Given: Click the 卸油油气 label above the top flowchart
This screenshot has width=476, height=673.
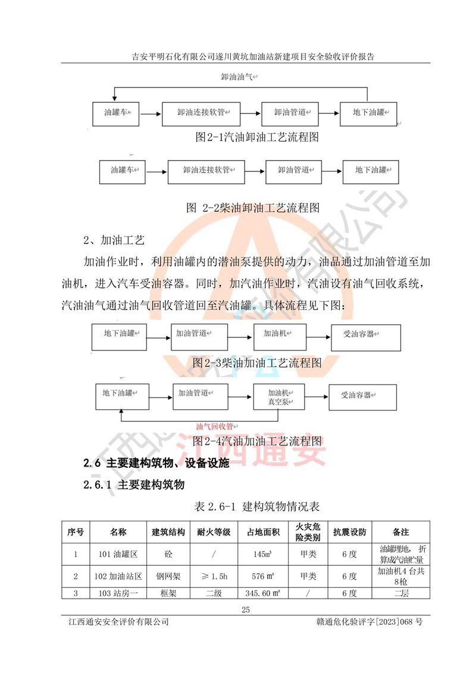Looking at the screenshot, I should [x=238, y=77].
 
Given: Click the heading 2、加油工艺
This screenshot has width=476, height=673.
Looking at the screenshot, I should [x=114, y=240].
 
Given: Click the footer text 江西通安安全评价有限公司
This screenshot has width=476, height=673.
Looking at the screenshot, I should [x=119, y=623].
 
